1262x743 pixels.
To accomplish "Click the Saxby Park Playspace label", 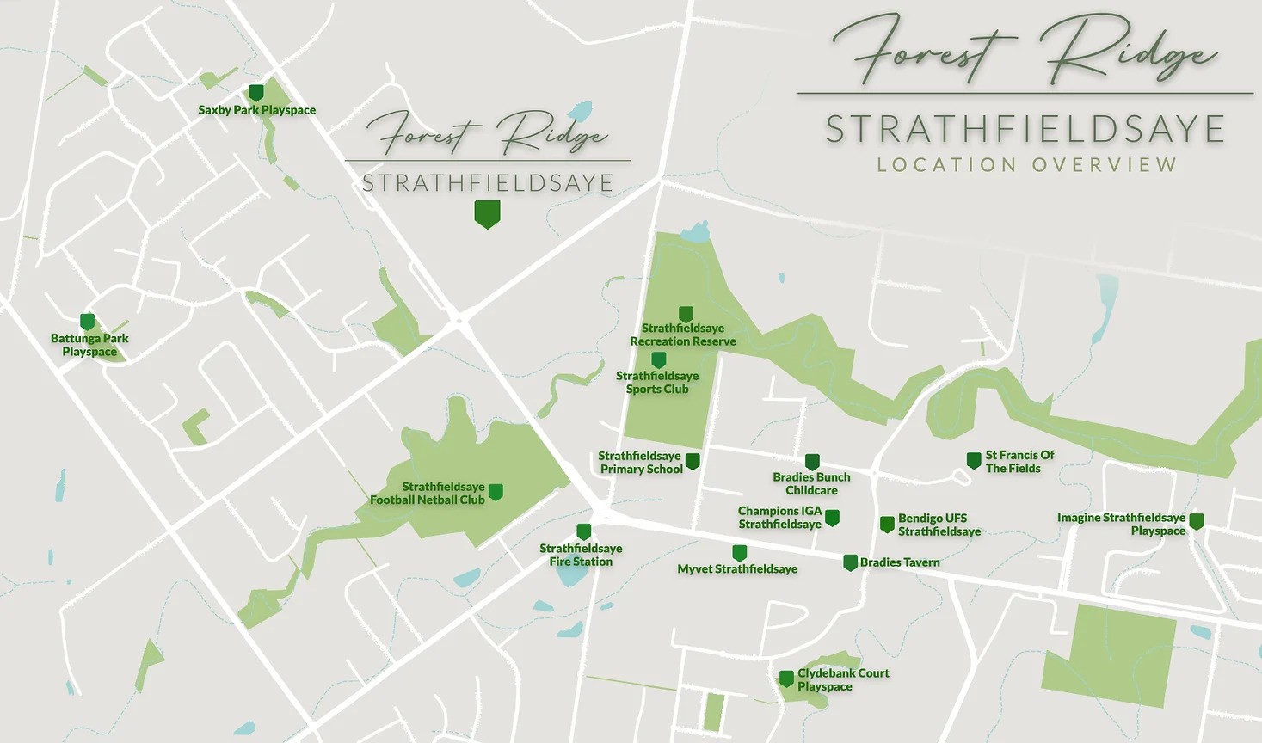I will [x=256, y=110].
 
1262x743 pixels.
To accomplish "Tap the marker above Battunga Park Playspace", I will [x=87, y=322].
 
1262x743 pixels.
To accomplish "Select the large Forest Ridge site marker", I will [x=487, y=213].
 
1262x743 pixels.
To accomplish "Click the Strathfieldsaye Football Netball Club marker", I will [x=496, y=492].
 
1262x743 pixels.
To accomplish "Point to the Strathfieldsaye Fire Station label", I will [x=581, y=555].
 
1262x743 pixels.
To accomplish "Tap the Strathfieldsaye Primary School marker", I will [x=693, y=461].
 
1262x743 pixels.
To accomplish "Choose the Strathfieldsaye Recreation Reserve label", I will [x=683, y=335].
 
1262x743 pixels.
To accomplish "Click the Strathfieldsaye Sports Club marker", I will [x=659, y=359].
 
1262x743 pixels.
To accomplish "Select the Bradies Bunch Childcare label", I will [x=811, y=483].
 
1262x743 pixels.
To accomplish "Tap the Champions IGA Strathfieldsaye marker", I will [x=832, y=517].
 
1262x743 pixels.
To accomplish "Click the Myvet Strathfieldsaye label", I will [x=737, y=569].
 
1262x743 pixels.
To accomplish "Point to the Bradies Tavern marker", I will [x=850, y=562].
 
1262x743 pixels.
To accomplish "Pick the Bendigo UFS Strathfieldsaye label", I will [x=939, y=525].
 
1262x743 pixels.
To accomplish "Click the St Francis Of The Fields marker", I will [x=974, y=461].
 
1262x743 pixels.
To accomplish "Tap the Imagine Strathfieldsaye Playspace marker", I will [x=1196, y=521].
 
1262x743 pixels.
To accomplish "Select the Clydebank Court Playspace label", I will [x=842, y=679].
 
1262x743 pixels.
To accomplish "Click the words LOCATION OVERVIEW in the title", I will [x=1027, y=165].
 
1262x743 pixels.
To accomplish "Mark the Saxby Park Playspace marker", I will [x=255, y=92].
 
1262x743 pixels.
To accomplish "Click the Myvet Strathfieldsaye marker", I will [x=739, y=552].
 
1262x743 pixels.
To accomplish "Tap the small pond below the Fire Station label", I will [x=569, y=574].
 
